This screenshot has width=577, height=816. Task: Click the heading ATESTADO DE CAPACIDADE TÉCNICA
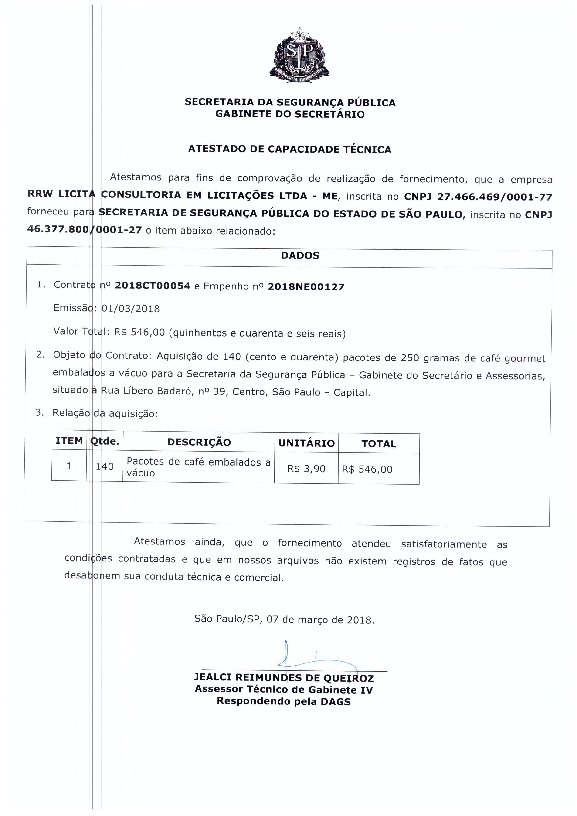tap(290, 149)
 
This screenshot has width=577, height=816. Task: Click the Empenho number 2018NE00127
tap(306, 287)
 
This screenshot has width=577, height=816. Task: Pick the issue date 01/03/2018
tap(130, 309)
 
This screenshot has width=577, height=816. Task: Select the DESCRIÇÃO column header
tap(199, 442)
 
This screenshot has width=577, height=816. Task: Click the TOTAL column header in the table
tap(379, 444)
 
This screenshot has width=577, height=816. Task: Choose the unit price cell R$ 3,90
tap(306, 469)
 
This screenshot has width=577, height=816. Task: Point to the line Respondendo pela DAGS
tap(284, 702)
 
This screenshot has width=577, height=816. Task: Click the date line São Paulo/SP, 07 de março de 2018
tap(284, 619)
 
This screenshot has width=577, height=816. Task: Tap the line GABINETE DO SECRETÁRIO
tap(290, 114)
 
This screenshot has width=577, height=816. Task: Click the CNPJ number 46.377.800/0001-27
tap(85, 230)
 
